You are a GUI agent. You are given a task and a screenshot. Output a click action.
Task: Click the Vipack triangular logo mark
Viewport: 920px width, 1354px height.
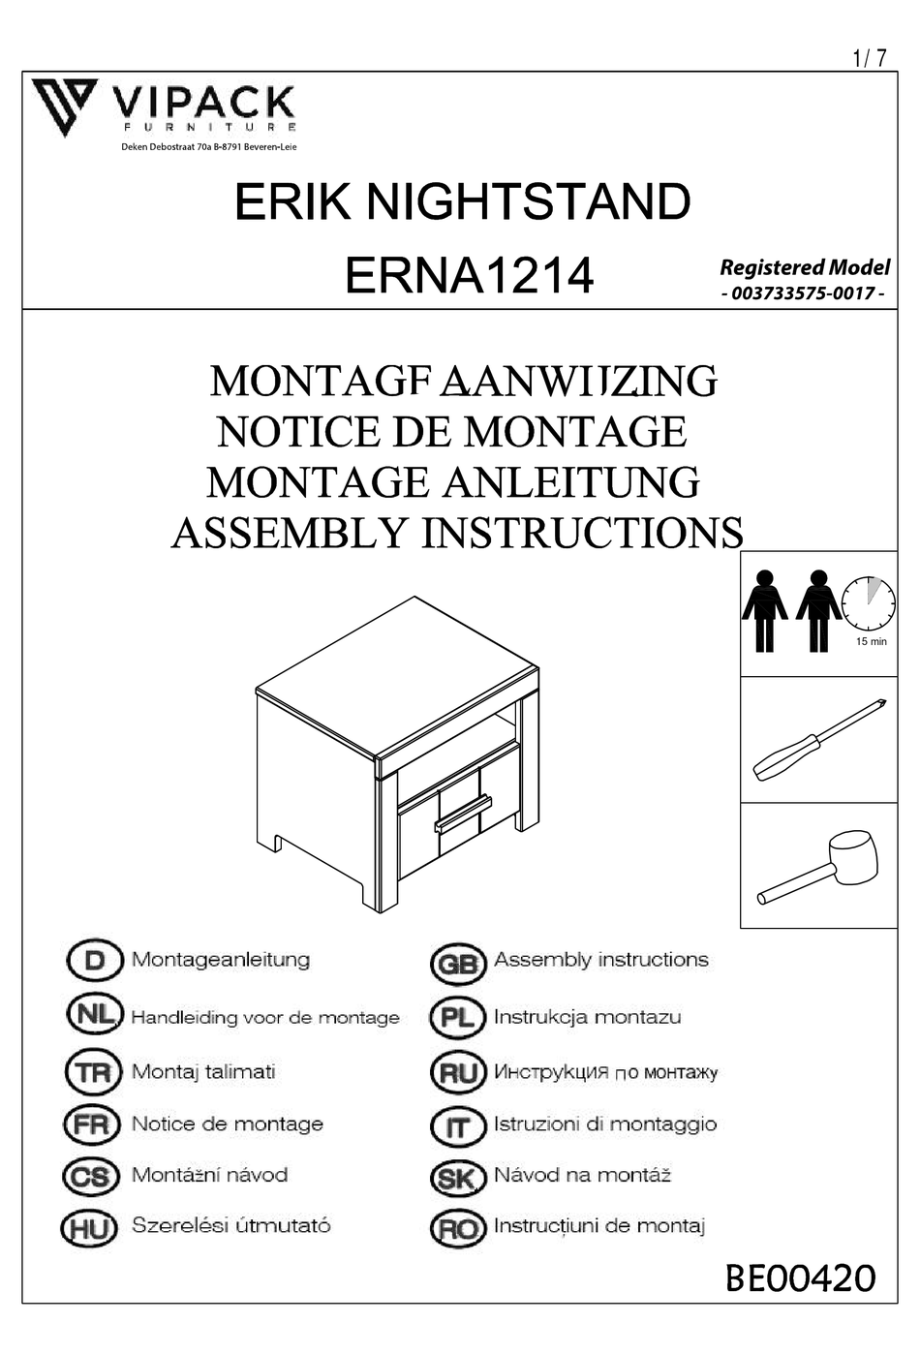[64, 106]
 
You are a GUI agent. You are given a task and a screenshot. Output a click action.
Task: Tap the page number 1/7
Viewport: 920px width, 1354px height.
[869, 58]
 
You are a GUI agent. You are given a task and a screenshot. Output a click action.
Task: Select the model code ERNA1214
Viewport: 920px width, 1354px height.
[469, 275]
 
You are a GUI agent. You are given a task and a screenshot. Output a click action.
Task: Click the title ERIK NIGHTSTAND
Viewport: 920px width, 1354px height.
[462, 201]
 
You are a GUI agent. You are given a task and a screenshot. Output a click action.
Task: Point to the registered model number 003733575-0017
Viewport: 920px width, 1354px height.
[803, 293]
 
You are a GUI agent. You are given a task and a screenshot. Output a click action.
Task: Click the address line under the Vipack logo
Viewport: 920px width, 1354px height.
[208, 147]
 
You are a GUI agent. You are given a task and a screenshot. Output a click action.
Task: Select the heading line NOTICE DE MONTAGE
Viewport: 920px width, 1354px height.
[452, 432]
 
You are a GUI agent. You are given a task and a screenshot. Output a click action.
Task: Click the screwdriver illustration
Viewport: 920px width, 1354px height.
[819, 740]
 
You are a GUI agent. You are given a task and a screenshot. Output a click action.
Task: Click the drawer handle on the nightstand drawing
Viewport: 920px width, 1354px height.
[463, 814]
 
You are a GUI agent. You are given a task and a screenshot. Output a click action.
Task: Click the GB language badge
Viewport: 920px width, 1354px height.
[456, 964]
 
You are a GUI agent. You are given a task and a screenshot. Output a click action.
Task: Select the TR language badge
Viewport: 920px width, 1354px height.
[93, 1073]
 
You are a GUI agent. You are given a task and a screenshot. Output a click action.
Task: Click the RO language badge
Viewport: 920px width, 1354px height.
[457, 1228]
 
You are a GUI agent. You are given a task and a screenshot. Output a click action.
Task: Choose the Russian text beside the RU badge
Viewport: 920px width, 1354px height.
[605, 1072]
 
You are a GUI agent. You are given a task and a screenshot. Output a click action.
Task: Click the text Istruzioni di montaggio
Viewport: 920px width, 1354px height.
[605, 1123]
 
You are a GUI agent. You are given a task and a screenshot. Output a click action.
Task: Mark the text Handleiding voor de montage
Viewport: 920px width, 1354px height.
[265, 1017]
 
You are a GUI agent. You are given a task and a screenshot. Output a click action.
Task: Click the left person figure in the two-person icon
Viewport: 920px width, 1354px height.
[765, 610]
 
